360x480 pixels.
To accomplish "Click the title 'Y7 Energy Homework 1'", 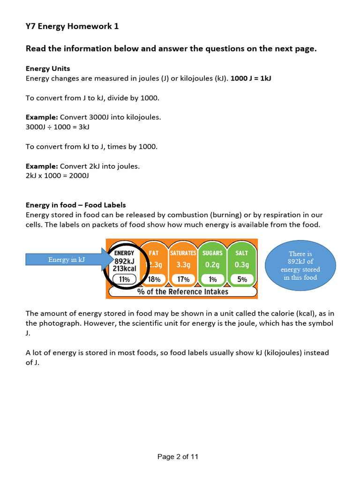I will click(x=72, y=26).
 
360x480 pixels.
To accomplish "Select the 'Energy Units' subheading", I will click(x=48, y=68).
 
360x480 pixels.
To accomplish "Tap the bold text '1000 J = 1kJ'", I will click(x=251, y=78).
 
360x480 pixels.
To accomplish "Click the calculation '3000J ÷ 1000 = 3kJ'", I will click(x=57, y=127).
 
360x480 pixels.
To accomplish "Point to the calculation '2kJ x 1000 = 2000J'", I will click(x=57, y=176).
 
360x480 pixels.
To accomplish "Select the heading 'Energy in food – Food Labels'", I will click(x=75, y=205).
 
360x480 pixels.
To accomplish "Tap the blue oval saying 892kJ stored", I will click(x=300, y=265).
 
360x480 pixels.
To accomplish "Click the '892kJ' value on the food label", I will click(x=124, y=261).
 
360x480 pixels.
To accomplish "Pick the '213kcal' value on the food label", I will click(x=124, y=269).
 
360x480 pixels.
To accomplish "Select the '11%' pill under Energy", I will click(x=124, y=279).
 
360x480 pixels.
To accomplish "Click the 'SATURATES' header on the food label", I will click(x=183, y=253).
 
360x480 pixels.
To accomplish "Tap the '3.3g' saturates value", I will click(x=183, y=264).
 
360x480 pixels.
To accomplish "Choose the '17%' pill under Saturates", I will click(x=183, y=279).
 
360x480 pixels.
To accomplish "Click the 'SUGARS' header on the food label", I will click(x=212, y=253).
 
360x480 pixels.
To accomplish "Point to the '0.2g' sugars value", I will click(x=212, y=264).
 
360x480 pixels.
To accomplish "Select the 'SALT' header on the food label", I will click(x=241, y=253).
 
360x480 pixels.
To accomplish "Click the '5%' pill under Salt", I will click(x=241, y=279).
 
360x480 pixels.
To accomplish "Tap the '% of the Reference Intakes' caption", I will click(x=183, y=292).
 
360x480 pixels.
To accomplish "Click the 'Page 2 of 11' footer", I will click(x=178, y=457).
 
